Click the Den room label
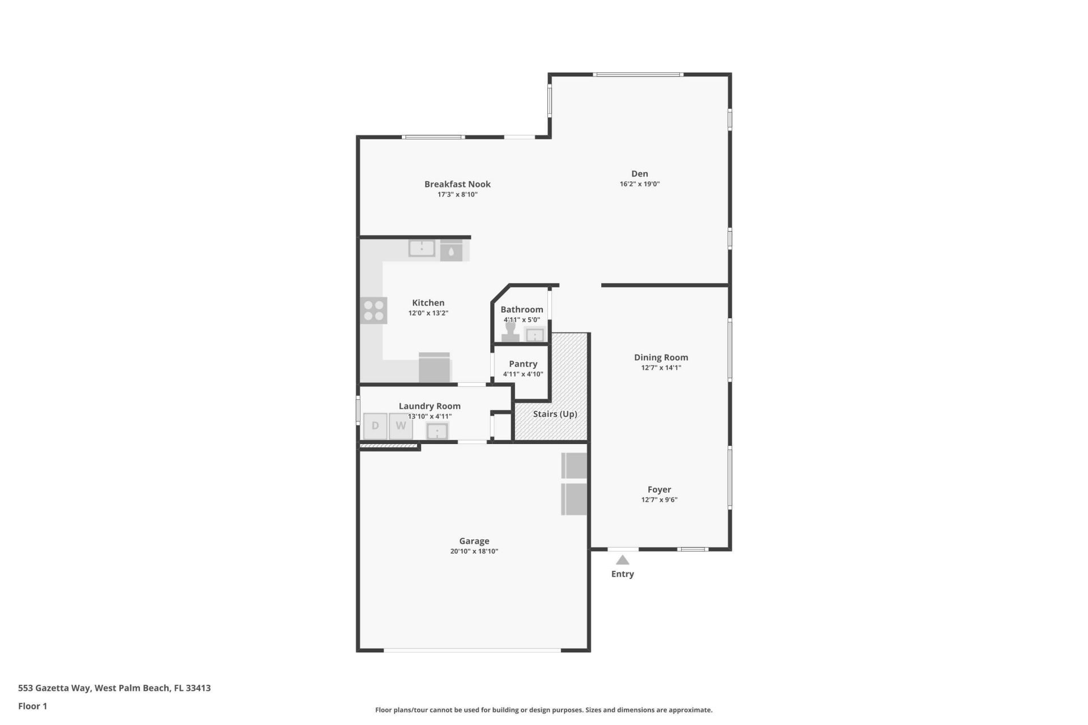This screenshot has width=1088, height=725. click(639, 174)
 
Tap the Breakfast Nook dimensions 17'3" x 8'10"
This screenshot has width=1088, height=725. click(457, 195)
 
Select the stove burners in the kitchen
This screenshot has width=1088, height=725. click(374, 310)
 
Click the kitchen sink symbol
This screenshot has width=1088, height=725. click(422, 248)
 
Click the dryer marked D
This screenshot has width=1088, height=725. click(375, 426)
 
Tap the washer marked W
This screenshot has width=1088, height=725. click(401, 426)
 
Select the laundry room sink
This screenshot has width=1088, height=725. click(437, 432)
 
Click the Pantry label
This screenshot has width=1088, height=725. click(522, 364)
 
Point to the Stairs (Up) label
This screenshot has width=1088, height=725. click(555, 414)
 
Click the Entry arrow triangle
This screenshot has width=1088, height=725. click(622, 560)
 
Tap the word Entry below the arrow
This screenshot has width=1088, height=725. click(622, 574)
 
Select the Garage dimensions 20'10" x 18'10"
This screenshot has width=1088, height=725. click(474, 552)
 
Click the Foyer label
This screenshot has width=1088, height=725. click(659, 489)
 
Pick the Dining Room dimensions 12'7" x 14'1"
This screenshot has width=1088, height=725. click(661, 368)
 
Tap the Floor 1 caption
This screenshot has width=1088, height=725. click(32, 706)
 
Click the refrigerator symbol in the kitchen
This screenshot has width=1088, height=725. click(435, 368)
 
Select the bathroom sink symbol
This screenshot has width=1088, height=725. click(534, 335)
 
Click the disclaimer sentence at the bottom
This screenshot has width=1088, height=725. click(543, 710)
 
